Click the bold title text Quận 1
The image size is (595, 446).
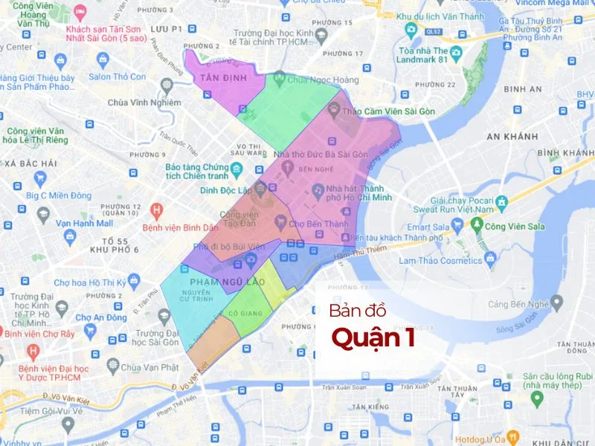(373, 337)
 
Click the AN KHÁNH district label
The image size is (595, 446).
(512, 136)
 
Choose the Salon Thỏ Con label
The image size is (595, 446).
(118, 77)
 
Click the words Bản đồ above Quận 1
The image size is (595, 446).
(356, 310)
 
